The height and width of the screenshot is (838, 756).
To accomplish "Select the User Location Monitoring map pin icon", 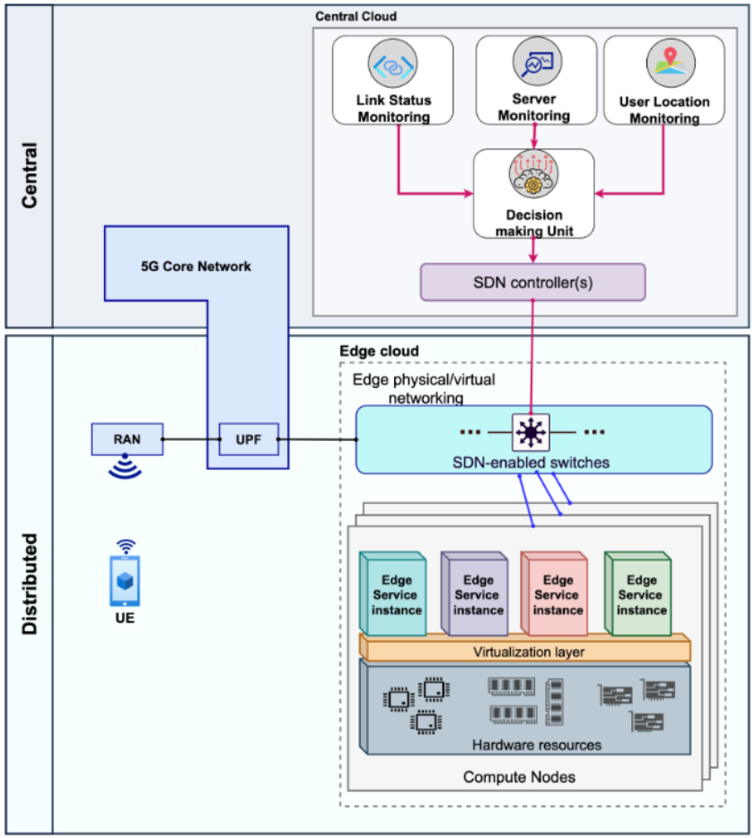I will (x=664, y=64).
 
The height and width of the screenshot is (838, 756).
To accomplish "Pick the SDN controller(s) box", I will (x=533, y=281).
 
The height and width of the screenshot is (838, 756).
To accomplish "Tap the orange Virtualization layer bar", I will (x=525, y=648).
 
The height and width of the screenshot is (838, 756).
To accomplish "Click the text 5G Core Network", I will (x=196, y=267).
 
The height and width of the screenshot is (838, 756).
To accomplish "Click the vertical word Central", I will (x=30, y=163).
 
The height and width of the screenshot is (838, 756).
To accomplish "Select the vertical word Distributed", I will (x=30, y=585).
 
